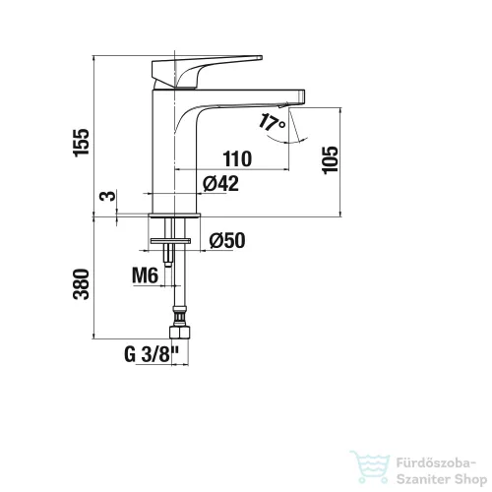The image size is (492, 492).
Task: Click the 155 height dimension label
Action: coord(81,143)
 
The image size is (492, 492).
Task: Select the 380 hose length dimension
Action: coord(81,284)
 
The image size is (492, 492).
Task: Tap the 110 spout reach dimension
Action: coord(237,158)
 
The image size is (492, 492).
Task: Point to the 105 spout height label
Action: coord(330,160)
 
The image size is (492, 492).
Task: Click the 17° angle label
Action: coord(272,122)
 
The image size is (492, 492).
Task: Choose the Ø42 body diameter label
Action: coord(220,183)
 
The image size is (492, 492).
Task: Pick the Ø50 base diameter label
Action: coord(227,240)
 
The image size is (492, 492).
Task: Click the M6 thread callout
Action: coord(145,276)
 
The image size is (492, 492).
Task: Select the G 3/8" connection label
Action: coord(152,354)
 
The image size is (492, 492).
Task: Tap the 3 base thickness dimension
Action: coord(108,196)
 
